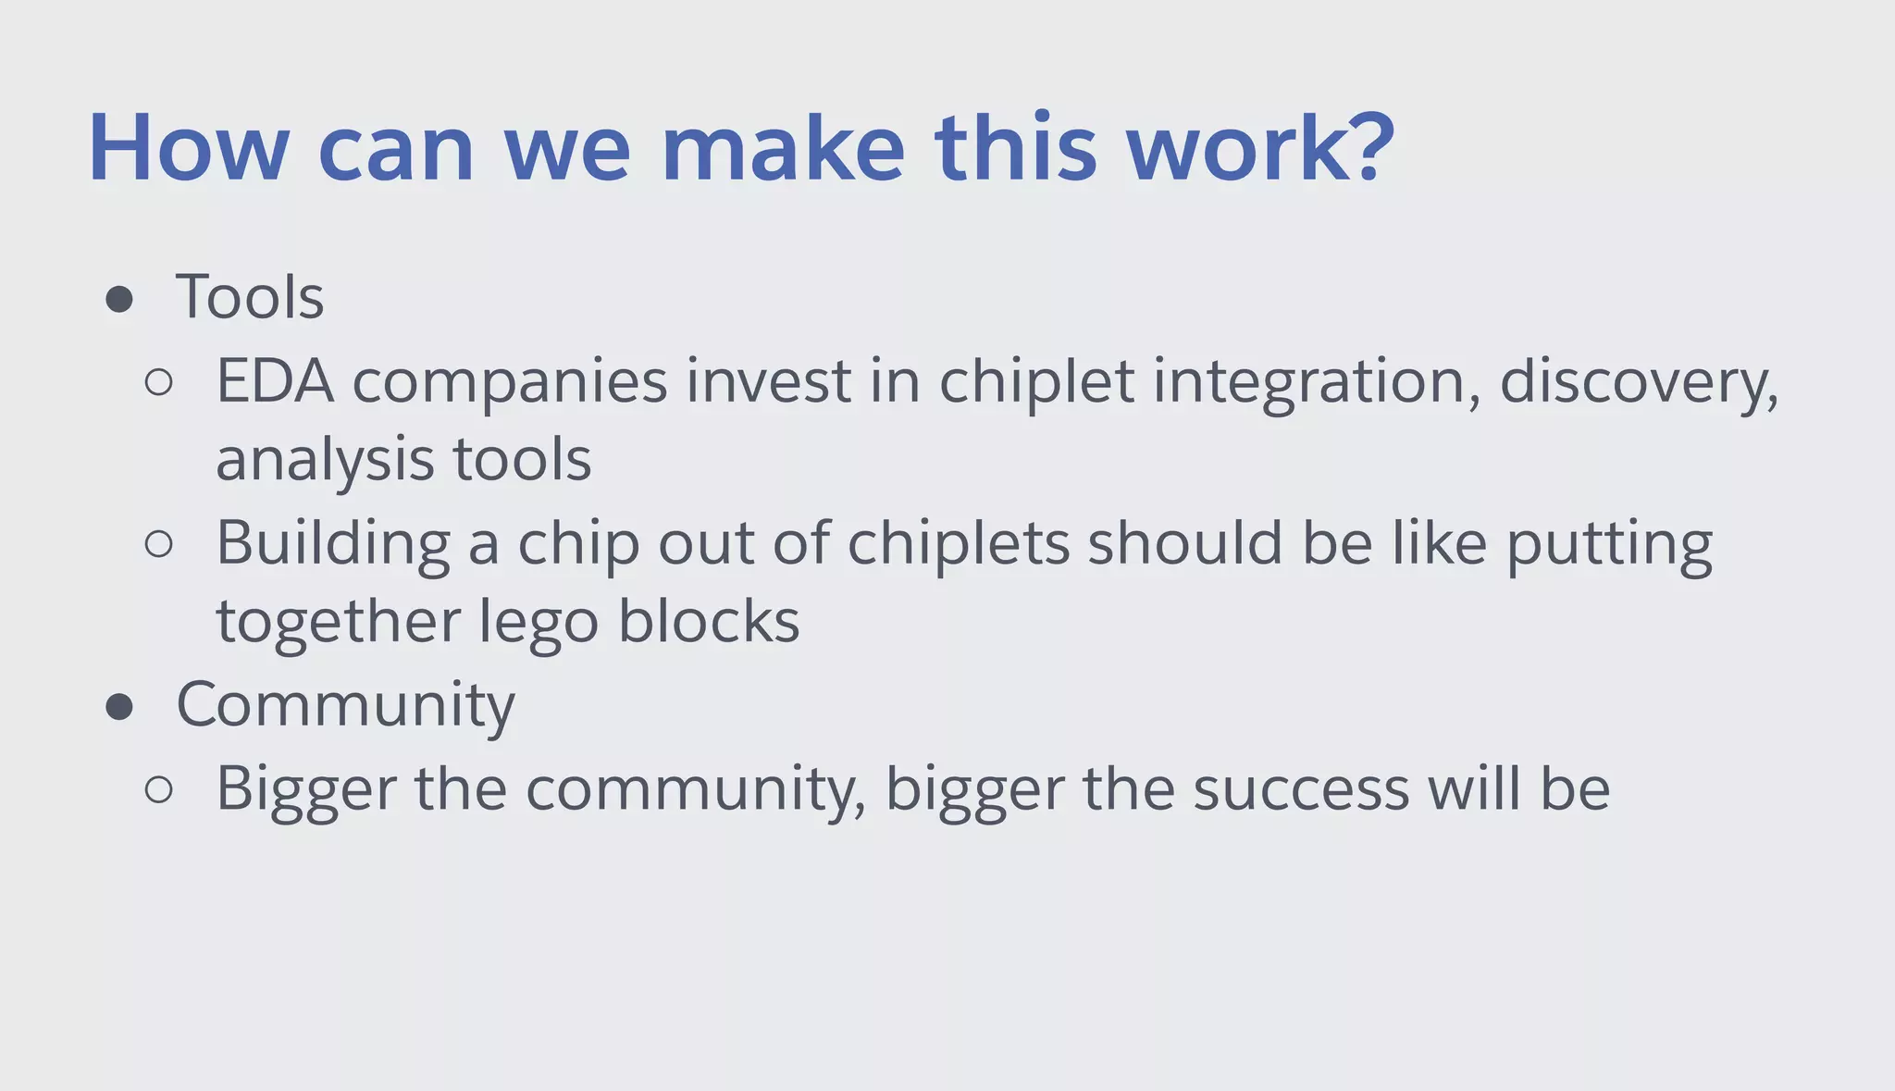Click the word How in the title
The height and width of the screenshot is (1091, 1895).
[x=189, y=149]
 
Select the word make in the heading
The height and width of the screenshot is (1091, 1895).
[x=783, y=149]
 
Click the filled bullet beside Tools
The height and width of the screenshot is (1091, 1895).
[x=119, y=299]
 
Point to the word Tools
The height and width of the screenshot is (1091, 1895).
[x=250, y=298]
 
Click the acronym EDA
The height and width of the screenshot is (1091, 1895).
[x=275, y=381]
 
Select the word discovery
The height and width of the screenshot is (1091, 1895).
[x=1636, y=383]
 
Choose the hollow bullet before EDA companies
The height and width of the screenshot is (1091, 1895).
[x=159, y=383]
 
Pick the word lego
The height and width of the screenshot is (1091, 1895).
[x=539, y=622]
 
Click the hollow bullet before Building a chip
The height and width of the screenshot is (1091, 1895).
[x=159, y=544]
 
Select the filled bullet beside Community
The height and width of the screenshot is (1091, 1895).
[x=119, y=708]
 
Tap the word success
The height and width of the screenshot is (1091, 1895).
[x=1300, y=789]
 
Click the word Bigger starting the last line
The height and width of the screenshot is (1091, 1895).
[x=305, y=791]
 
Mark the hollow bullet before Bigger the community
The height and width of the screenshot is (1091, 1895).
[x=159, y=789]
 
